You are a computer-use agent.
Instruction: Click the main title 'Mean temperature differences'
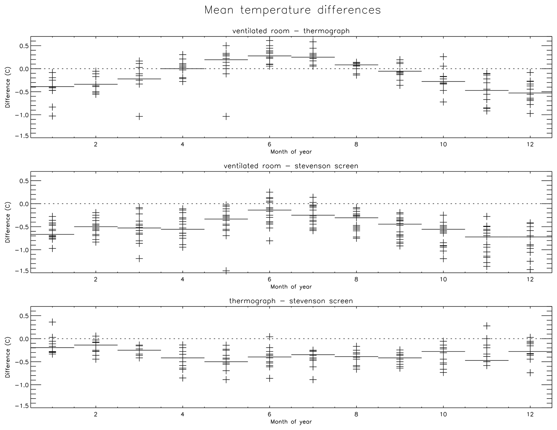(292, 10)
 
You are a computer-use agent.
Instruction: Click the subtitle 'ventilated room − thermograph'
(291, 31)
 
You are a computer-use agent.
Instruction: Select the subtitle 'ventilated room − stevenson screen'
(291, 166)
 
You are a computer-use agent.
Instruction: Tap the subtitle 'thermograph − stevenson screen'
(291, 301)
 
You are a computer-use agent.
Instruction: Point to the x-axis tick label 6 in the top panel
(269, 144)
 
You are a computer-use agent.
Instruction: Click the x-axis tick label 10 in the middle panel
(443, 279)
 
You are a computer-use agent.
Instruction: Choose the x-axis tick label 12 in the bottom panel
(530, 414)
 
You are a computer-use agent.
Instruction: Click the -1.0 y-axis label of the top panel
(22, 115)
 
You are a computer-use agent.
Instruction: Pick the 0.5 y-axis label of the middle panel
(24, 181)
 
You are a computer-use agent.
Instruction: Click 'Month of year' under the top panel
(291, 152)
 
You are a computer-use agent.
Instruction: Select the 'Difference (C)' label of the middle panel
(8, 222)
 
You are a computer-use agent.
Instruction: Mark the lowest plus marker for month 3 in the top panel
(139, 117)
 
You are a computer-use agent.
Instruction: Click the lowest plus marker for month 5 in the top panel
(226, 117)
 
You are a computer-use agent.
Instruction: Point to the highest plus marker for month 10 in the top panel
(443, 57)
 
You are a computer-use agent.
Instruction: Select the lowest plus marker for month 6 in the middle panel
(269, 241)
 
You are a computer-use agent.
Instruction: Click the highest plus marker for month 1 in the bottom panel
(52, 322)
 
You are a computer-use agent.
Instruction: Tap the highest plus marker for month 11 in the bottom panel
(486, 326)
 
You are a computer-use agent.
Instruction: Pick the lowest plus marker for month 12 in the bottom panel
(530, 373)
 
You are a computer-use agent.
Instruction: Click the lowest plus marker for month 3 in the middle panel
(139, 258)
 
